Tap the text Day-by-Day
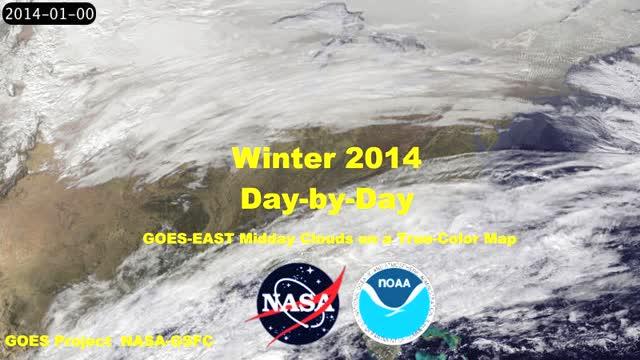coord(327,198)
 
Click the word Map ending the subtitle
coord(497,239)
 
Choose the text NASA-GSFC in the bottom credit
coord(167,342)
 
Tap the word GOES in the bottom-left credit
coord(26,342)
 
